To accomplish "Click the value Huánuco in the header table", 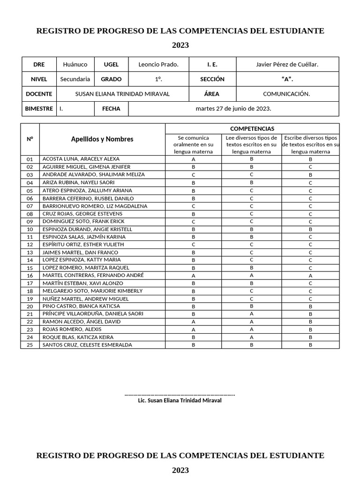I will tap(75, 65).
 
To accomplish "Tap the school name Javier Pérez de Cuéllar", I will tap(287, 65).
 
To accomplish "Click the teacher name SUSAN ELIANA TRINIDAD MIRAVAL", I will tap(122, 94).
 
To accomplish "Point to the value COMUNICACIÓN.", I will tap(286, 94).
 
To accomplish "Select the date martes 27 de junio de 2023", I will tap(233, 108).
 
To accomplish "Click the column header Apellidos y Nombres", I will tap(102, 139).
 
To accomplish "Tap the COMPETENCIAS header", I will tap(252, 128).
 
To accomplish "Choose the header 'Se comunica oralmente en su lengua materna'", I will tap(193, 145).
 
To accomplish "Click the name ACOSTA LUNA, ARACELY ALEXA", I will tap(81, 159).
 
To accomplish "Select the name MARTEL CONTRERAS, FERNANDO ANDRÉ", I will tap(93, 275).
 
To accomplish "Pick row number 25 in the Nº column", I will tap(30, 345).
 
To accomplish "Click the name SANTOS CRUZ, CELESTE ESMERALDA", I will tap(87, 345).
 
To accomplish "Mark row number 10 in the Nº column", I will tap(30, 229).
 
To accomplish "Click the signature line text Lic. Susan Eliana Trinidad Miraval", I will tap(180, 401).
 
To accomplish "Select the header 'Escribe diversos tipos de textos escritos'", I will tap(310, 145).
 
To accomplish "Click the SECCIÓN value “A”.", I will tap(287, 79).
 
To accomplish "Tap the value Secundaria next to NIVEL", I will tap(75, 79).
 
